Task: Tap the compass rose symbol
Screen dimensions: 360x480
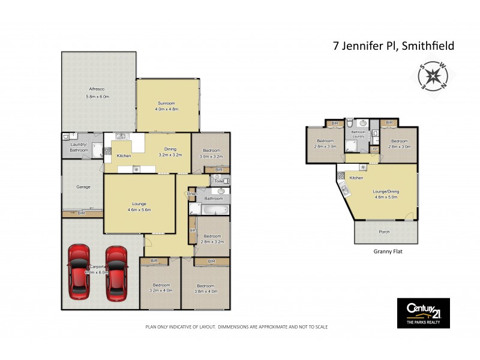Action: click(x=431, y=76)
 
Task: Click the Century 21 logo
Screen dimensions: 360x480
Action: click(x=423, y=313)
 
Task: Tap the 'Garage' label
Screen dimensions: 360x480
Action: click(x=83, y=187)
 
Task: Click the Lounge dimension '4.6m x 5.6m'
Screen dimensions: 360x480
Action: click(x=139, y=210)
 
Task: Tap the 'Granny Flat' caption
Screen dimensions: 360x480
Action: click(x=388, y=252)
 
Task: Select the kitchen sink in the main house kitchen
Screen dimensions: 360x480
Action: click(x=121, y=136)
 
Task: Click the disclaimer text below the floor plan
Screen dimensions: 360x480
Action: click(x=236, y=327)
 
